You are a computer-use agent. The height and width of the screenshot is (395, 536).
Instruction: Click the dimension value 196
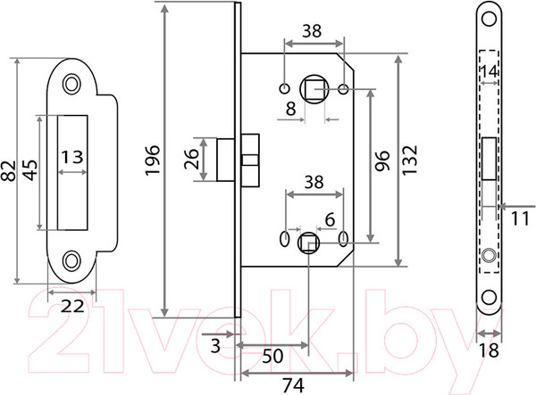tap(153, 160)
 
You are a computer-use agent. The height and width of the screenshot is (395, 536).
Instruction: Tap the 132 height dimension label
tap(409, 160)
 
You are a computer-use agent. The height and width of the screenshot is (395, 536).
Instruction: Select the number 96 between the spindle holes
tap(381, 160)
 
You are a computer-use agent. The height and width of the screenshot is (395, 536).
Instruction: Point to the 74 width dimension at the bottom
tap(294, 386)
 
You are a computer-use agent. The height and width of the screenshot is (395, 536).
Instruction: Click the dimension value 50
tap(272, 356)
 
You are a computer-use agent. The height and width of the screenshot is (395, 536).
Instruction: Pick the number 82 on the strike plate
tap(9, 171)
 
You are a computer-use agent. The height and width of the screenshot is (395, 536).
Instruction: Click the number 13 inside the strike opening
tap(72, 157)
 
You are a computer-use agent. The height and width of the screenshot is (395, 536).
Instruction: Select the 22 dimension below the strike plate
tap(72, 306)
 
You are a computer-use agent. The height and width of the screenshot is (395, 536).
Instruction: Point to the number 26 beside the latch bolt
tap(191, 159)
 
